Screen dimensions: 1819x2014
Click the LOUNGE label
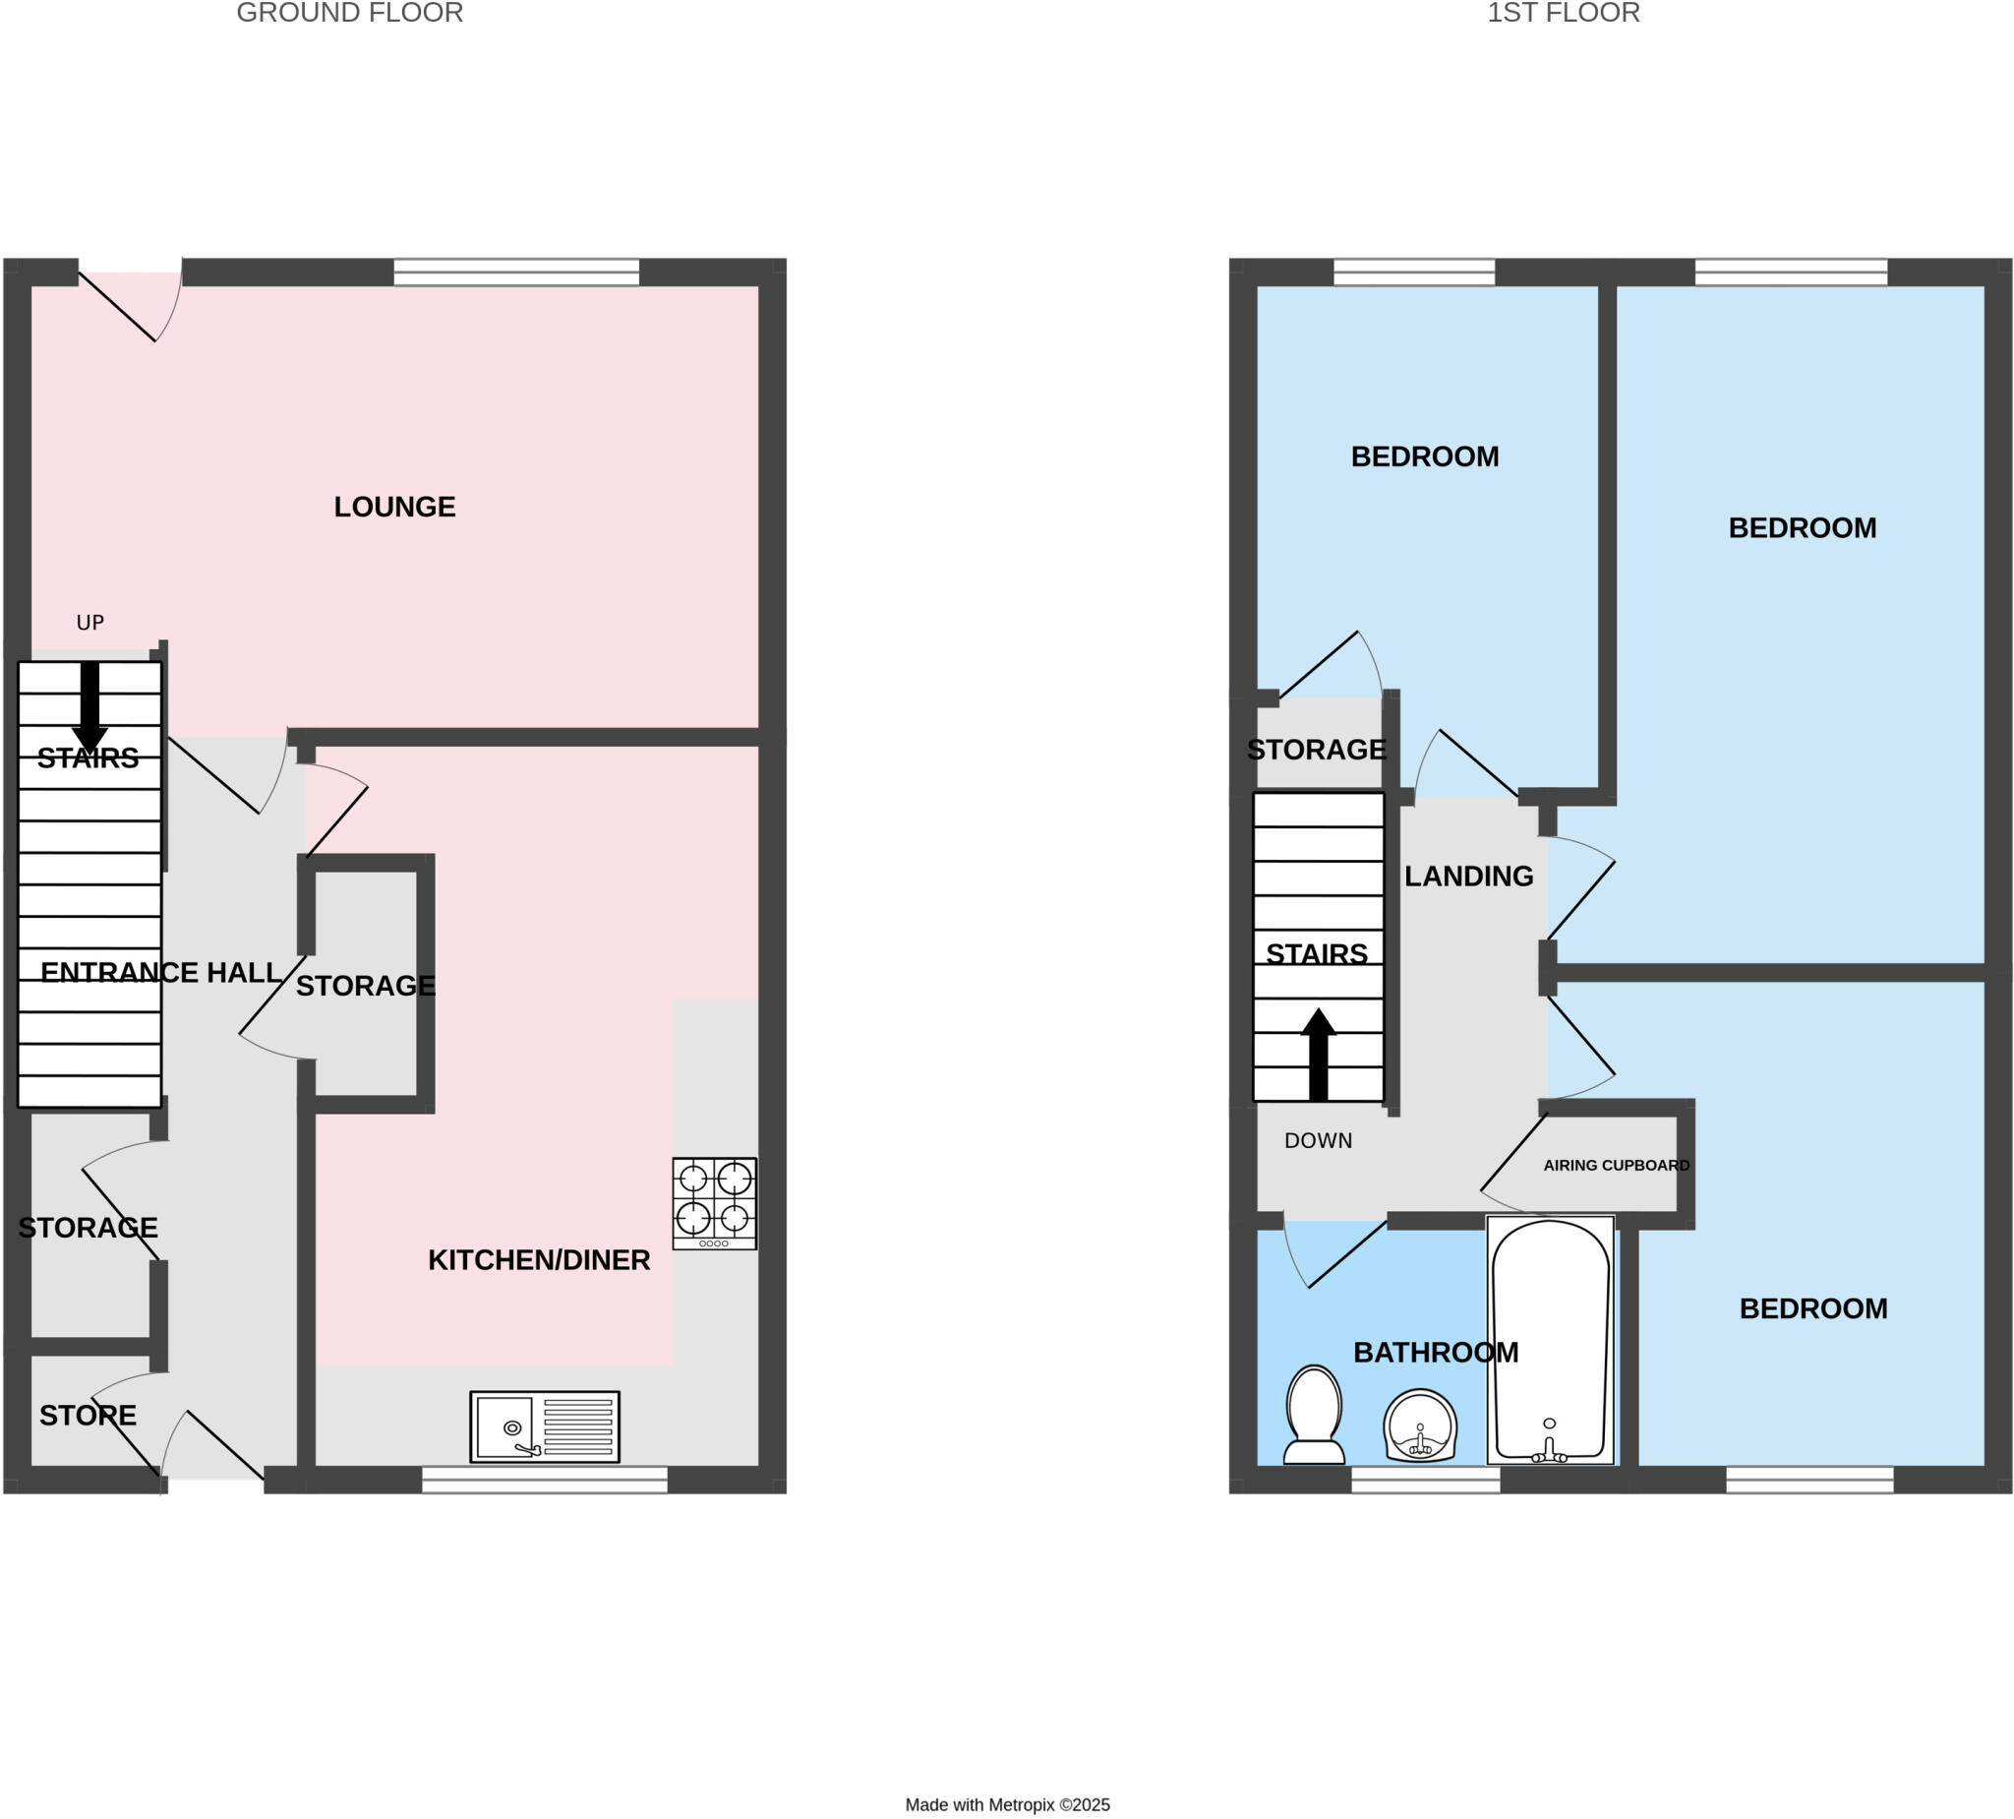(x=394, y=507)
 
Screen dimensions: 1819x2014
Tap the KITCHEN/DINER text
(x=539, y=1260)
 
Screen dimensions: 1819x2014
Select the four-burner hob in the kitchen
(x=714, y=1203)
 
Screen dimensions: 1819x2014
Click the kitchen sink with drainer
(x=545, y=1427)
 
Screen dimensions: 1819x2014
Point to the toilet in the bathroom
(x=1314, y=1416)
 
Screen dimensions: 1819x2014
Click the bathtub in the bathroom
(x=1551, y=1340)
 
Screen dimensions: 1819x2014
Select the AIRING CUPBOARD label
(x=1616, y=1166)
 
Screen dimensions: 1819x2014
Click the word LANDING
(x=1468, y=877)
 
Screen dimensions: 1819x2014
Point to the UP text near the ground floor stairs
(x=89, y=623)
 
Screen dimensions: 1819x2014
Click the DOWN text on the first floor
(x=1318, y=1140)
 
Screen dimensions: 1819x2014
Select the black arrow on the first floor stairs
(x=1319, y=1055)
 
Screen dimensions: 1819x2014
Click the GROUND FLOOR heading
(x=350, y=13)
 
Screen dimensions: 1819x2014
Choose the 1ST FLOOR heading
(x=1564, y=13)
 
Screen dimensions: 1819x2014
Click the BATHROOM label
(x=1436, y=1353)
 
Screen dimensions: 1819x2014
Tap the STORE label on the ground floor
(x=88, y=1416)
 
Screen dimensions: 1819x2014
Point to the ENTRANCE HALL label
(x=160, y=973)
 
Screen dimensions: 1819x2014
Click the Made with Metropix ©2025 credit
(x=1007, y=1805)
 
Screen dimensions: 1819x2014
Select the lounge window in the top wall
(x=515, y=272)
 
